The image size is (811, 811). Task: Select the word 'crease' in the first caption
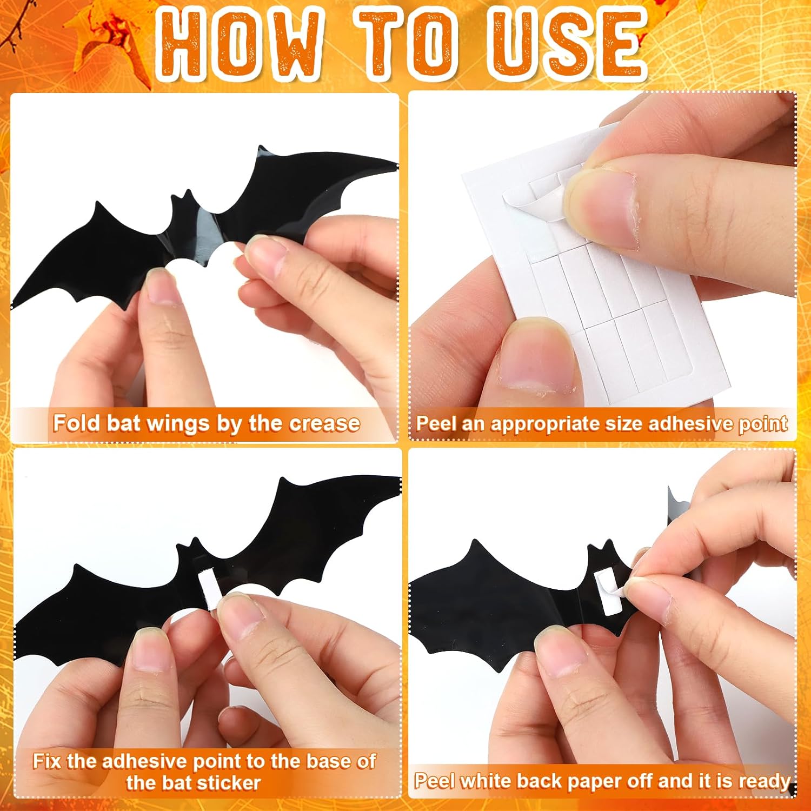coord(324,423)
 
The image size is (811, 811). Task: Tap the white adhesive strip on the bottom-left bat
coord(209,587)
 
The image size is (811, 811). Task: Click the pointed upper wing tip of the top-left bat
coord(262,148)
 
